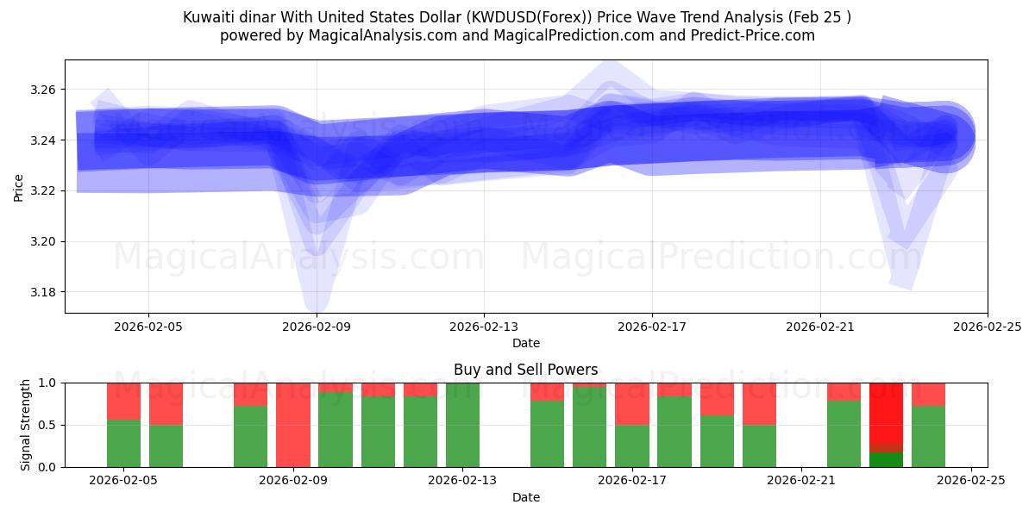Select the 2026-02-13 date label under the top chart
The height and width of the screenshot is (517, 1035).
click(x=484, y=327)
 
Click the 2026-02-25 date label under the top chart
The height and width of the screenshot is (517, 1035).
click(x=987, y=327)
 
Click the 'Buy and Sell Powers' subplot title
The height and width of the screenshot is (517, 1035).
click(x=525, y=370)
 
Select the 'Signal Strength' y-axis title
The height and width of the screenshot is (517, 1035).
click(x=26, y=425)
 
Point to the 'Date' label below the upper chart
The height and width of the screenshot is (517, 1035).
click(x=525, y=343)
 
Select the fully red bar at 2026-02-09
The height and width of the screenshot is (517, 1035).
click(x=293, y=425)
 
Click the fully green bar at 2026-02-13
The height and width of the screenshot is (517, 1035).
click(x=462, y=425)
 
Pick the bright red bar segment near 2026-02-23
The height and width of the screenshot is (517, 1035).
click(x=886, y=412)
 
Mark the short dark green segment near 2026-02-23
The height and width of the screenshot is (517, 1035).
click(x=886, y=459)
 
